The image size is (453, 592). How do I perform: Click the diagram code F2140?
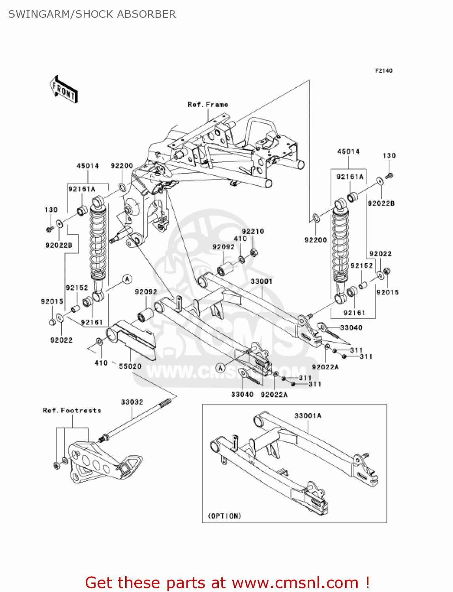pos(383,71)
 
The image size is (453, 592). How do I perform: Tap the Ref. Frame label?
pos(208,105)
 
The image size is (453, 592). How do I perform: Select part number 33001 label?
pos(261,281)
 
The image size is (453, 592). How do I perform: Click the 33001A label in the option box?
pos(308,416)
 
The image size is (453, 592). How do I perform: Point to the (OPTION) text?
pos(224,516)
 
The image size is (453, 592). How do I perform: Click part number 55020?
pos(130,366)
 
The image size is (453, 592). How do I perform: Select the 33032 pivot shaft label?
pos(132,402)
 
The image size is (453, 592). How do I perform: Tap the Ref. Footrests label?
pos(72,410)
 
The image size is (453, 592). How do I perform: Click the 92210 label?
pos(253,232)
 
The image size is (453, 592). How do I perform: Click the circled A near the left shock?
pos(127,279)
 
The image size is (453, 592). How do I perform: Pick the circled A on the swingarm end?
pos(220,368)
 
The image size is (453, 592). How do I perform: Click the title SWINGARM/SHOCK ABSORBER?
pos(92,14)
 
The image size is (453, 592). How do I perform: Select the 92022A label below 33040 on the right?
pos(325,367)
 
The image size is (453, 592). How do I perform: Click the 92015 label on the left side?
pos(52,302)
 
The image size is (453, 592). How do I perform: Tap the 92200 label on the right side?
pos(316,240)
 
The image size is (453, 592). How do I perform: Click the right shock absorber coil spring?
pos(340,245)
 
